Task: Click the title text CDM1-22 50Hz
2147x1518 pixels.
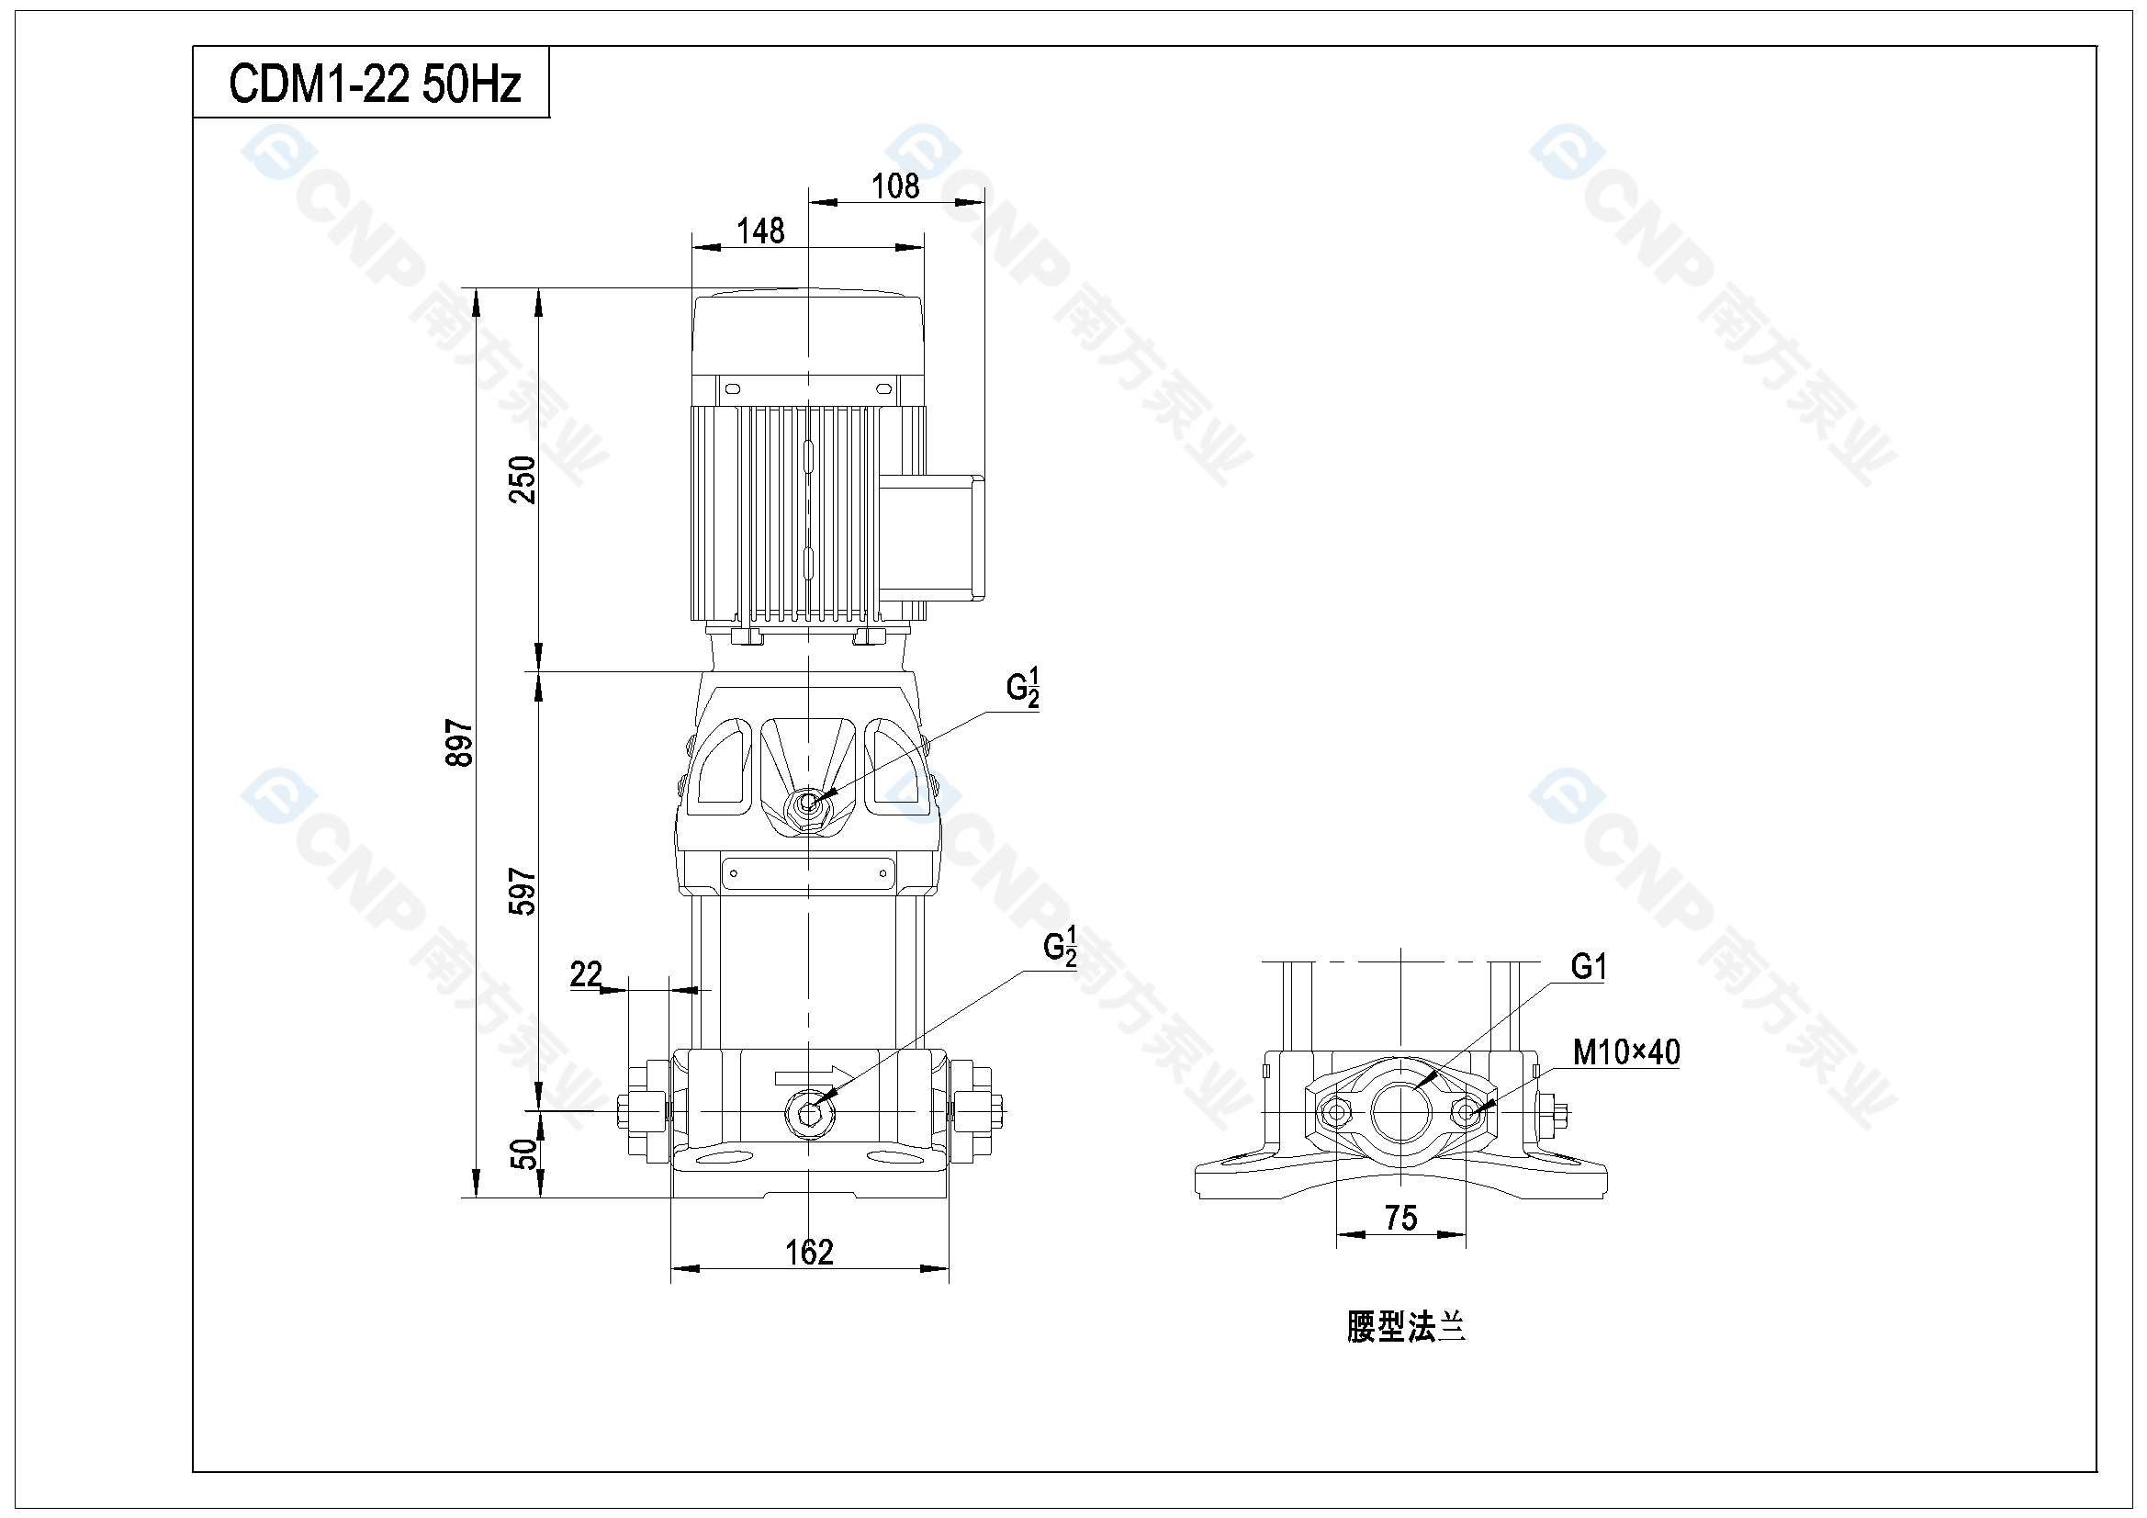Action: (x=374, y=84)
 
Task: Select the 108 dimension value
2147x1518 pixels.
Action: (x=895, y=186)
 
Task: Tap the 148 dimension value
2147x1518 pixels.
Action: (x=760, y=231)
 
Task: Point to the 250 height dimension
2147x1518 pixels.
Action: (x=523, y=479)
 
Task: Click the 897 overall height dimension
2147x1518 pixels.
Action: (x=459, y=743)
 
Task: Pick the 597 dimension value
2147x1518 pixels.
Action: (x=523, y=892)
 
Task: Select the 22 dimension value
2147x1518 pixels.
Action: (x=586, y=973)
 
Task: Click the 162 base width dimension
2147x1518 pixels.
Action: (x=809, y=1252)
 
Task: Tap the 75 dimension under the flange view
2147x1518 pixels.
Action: (x=1400, y=1218)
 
